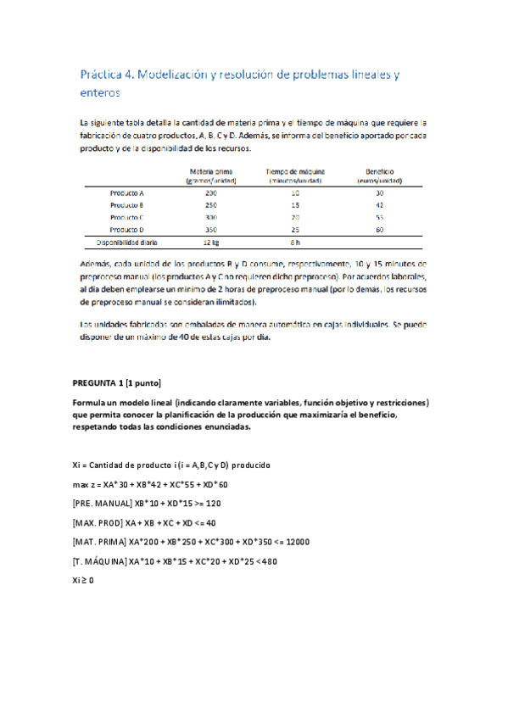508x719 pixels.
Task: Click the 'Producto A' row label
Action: tap(127, 193)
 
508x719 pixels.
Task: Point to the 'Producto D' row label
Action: tap(127, 229)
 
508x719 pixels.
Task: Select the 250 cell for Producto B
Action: tap(211, 205)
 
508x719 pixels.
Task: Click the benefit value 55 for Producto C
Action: tap(379, 217)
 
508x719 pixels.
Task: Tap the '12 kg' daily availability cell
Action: tap(211, 242)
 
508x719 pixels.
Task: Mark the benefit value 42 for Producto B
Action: tap(379, 205)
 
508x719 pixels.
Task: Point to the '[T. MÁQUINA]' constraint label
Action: tap(100, 561)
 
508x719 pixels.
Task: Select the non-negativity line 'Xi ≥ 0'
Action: tap(84, 581)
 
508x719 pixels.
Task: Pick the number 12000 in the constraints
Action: tap(296, 542)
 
